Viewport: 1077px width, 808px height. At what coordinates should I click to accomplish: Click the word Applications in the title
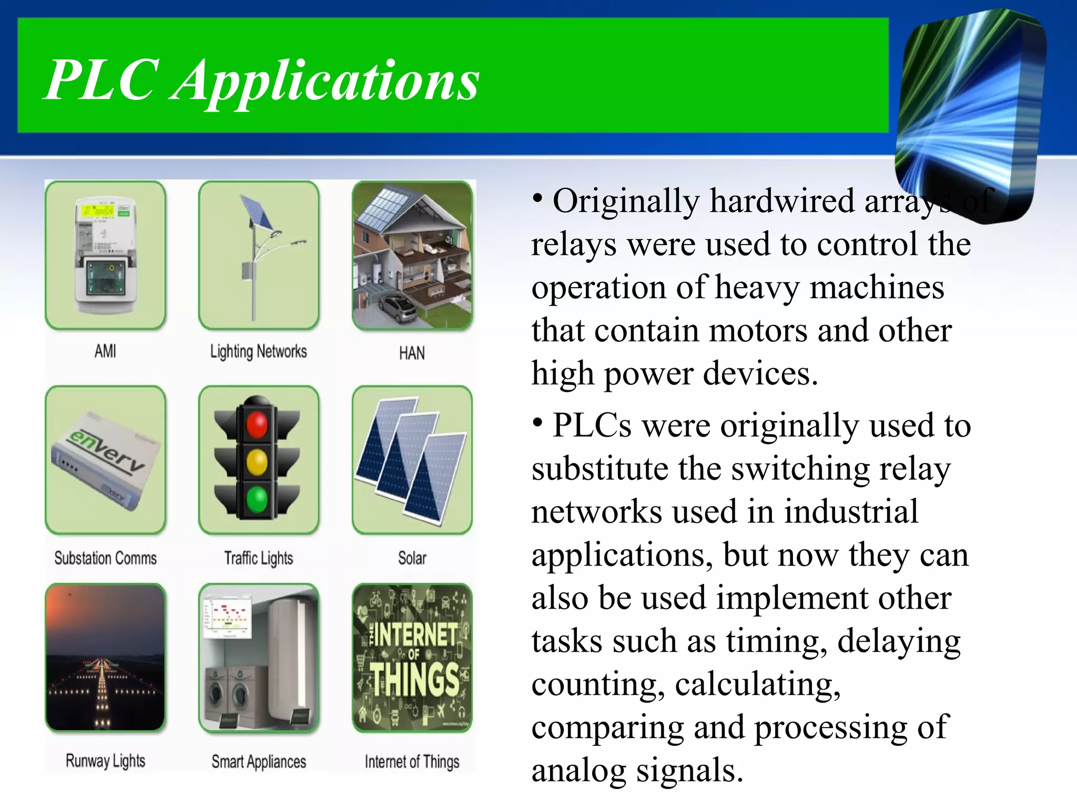326,82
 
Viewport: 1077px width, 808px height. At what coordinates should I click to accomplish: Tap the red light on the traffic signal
257,425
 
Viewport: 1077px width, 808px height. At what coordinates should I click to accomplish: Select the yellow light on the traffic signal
257,462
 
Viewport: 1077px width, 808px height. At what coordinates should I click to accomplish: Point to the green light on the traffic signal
257,499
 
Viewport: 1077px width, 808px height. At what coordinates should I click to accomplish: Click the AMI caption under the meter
105,351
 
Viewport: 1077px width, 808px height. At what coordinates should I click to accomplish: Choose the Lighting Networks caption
258,351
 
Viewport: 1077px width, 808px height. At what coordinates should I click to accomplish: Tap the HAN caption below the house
412,353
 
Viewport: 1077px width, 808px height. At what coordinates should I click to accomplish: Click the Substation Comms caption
105,558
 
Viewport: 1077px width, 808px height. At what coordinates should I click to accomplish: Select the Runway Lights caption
105,761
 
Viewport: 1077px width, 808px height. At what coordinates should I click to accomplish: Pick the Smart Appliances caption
259,761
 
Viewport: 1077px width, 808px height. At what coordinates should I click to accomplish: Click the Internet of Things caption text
412,761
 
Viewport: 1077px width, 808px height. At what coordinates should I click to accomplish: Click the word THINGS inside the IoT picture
415,680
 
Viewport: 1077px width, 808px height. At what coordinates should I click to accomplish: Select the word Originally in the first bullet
626,201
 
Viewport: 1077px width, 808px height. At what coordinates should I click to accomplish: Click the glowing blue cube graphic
970,113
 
